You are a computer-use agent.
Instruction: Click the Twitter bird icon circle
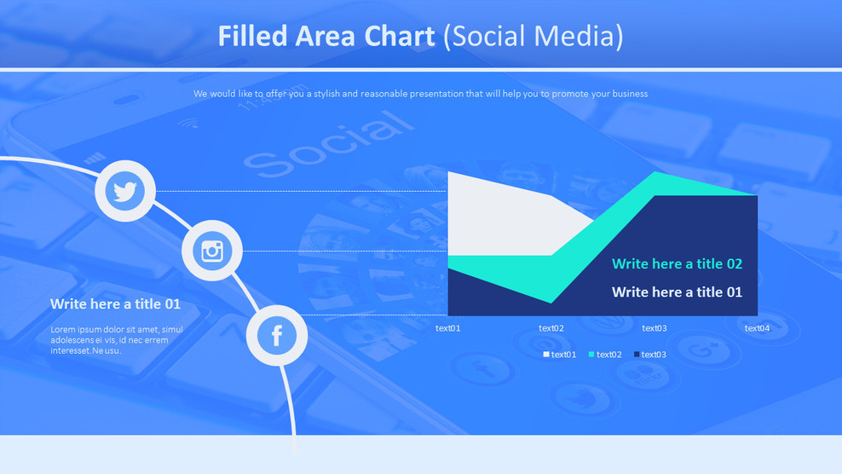tap(125, 191)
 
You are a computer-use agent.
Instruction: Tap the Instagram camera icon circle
tap(212, 251)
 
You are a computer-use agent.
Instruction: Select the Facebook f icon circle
tap(277, 335)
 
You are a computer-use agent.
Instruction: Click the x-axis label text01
tap(447, 328)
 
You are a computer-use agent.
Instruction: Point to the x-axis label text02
tap(551, 328)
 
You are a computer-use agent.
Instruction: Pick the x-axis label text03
tap(655, 328)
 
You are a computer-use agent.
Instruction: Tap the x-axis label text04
tap(757, 328)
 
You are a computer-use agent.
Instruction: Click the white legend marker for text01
tap(546, 355)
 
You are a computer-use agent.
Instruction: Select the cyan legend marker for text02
tap(591, 355)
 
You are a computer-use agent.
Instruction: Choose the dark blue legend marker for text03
tap(637, 355)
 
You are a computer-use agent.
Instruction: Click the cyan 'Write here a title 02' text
tap(677, 264)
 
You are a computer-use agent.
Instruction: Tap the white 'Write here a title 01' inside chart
tap(677, 292)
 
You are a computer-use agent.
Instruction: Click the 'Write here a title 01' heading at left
tap(115, 304)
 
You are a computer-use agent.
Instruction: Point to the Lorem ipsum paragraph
tap(116, 340)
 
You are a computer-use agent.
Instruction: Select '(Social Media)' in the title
tap(533, 37)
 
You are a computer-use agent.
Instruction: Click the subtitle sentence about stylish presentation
tap(420, 94)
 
